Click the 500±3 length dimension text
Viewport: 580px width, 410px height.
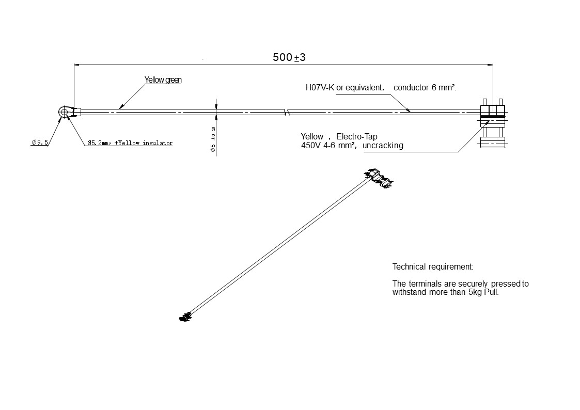coord(289,57)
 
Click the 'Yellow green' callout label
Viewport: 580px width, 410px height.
coord(163,80)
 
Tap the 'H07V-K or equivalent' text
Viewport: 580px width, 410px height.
coord(344,88)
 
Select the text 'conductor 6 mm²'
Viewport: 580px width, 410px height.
coord(425,88)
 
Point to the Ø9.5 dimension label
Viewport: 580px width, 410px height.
coord(40,143)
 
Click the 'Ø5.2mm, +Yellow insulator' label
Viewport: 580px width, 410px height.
coord(130,143)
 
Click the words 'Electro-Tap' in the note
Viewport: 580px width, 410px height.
coord(357,136)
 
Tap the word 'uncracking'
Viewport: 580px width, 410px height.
coord(383,146)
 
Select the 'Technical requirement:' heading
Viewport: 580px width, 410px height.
coord(433,267)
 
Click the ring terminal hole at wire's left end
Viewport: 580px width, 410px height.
coord(64,112)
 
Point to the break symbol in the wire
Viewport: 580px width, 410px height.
coord(287,112)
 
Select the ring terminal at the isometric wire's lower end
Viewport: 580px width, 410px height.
coord(184,317)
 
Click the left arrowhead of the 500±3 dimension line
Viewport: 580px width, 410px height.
coord(77,65)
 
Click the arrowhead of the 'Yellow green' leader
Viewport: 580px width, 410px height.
coord(119,107)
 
